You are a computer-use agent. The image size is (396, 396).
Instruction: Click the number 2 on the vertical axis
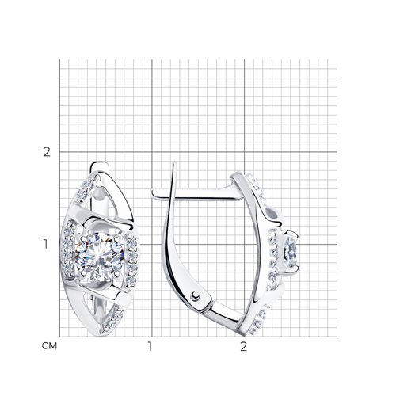tap(47, 152)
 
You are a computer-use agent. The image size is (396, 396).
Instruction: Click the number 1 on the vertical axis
tap(46, 245)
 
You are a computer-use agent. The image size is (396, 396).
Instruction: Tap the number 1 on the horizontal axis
tap(150, 347)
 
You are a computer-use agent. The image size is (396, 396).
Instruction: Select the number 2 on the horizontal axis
tap(243, 347)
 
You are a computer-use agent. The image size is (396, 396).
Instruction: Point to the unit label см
tap(49, 346)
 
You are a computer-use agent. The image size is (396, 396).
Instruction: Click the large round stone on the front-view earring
tap(100, 257)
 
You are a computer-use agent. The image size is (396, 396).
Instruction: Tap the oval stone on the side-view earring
tap(290, 249)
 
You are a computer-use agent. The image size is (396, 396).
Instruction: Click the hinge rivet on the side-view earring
tap(196, 295)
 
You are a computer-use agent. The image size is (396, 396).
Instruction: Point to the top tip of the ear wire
tap(173, 162)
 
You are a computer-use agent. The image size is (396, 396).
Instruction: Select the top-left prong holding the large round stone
tap(84, 238)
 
